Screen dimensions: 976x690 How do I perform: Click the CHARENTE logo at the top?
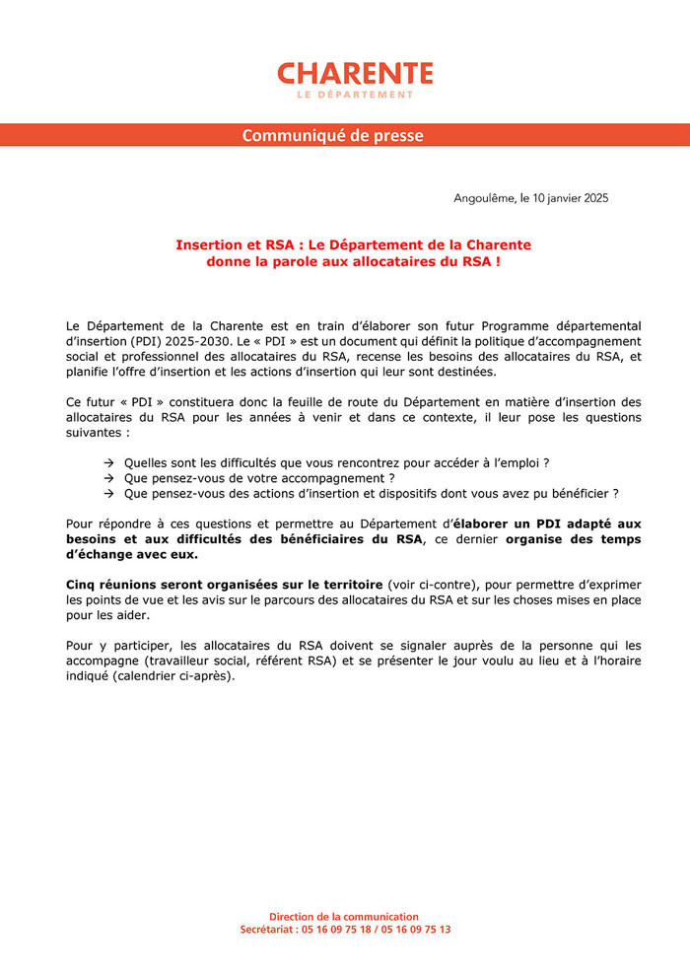(x=355, y=73)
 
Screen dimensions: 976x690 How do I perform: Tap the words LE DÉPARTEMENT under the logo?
(x=355, y=95)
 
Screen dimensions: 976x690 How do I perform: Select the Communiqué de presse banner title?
(x=333, y=135)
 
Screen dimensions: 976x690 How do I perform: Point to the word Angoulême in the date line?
(x=485, y=198)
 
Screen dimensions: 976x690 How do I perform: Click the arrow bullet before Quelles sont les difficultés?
(x=108, y=462)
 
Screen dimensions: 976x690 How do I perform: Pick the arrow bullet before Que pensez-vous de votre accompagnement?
(x=108, y=478)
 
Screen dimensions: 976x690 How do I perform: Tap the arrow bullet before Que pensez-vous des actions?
(x=108, y=493)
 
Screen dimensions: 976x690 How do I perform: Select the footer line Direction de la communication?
(x=344, y=916)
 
